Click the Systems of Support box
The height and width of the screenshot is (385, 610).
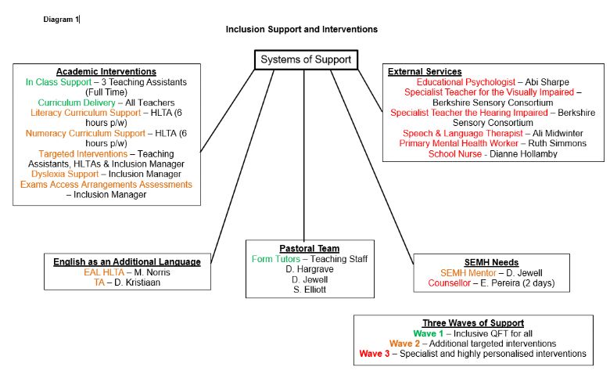coord(306,59)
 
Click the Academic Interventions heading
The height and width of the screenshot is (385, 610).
coord(106,72)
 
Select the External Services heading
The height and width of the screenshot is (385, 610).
coord(425,72)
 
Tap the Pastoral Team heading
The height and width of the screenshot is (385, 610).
coord(309,248)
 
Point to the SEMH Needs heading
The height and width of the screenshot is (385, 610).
coord(491,262)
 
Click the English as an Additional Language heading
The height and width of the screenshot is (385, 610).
coord(127,261)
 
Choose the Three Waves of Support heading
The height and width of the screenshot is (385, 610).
coord(473,323)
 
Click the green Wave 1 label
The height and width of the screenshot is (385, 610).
coord(428,333)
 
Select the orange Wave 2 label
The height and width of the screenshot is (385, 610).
coord(404,344)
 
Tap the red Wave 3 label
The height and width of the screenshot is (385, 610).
coord(375,354)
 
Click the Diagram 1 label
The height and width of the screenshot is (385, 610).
coord(61,20)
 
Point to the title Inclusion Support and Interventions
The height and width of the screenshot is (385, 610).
coord(302,29)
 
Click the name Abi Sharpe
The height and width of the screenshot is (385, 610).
coord(547,82)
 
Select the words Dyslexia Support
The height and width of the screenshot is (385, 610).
coord(65,174)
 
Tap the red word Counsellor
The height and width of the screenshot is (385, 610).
coord(450,283)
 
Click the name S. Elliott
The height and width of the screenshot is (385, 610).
coord(310,290)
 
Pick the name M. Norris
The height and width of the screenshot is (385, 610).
coord(152,272)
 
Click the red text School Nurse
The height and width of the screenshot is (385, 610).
coord(455,154)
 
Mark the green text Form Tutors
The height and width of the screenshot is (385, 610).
coord(276,259)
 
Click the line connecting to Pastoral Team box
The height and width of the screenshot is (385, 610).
coord(304,155)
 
